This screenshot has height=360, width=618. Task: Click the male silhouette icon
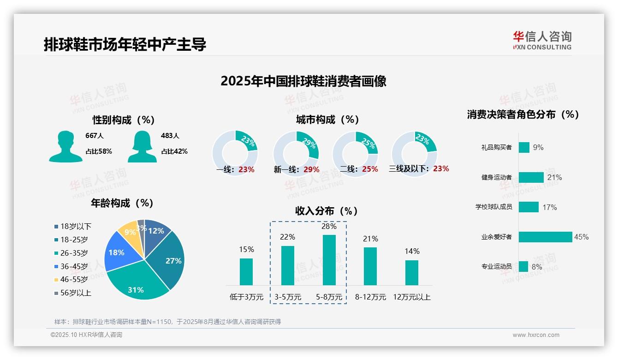click(65, 146)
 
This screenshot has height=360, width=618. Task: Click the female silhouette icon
click(142, 146)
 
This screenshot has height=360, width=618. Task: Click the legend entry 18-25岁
click(74, 240)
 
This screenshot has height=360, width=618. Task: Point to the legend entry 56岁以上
click(76, 293)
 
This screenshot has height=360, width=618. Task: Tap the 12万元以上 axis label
click(411, 297)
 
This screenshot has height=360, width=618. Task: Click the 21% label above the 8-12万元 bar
click(370, 239)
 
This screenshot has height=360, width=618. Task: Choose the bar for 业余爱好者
click(545, 237)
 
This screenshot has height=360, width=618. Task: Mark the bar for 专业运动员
click(523, 266)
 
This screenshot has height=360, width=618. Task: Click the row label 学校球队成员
click(493, 207)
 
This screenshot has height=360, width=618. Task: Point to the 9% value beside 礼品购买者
click(538, 147)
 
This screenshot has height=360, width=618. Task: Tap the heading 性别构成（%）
click(124, 120)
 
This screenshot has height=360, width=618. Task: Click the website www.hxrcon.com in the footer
click(536, 335)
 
